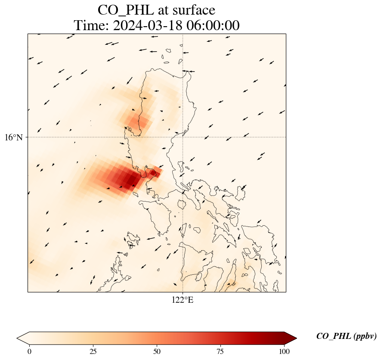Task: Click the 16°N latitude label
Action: [x=14, y=137]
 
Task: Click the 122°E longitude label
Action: [x=183, y=300]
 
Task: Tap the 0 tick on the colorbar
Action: [x=29, y=351]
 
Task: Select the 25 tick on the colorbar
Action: [x=93, y=351]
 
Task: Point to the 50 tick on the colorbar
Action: [x=157, y=351]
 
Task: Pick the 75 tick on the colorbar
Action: [x=220, y=351]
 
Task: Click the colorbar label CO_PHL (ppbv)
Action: [x=346, y=336]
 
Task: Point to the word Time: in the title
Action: [x=91, y=25]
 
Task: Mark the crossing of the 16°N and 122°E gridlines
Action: [x=183, y=137]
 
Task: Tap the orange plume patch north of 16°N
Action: [x=137, y=118]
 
